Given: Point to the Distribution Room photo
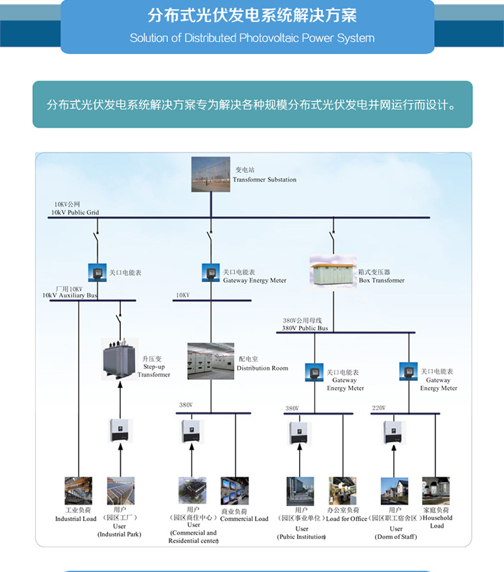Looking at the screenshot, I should click(x=210, y=361).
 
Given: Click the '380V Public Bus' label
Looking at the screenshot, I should click(x=304, y=328).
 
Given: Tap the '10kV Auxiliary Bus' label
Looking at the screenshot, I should click(x=70, y=295).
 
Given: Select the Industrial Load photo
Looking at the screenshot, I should click(x=77, y=491).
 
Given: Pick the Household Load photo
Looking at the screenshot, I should click(x=435, y=491).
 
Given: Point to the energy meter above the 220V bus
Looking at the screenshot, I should click(x=408, y=371).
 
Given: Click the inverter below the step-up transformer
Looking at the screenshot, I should click(x=121, y=430).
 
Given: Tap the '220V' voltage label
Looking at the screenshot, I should click(x=378, y=408).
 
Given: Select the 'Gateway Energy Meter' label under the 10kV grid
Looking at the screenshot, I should click(x=254, y=280).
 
